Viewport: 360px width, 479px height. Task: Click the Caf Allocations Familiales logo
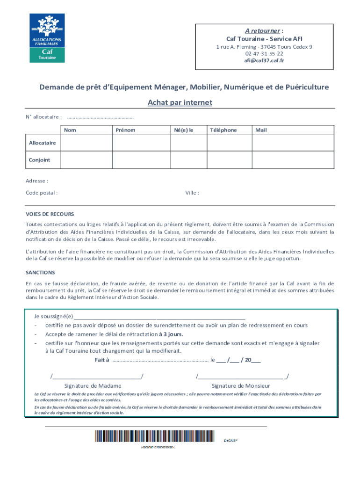(47, 38)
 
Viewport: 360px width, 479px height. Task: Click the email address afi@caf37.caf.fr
(264, 60)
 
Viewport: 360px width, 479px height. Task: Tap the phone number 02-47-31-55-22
(264, 54)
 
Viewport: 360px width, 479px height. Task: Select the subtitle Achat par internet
(180, 102)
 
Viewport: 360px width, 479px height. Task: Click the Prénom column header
(125, 130)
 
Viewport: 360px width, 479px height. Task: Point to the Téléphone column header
(223, 130)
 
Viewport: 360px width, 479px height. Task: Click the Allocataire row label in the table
(43, 143)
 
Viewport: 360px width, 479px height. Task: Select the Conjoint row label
(40, 160)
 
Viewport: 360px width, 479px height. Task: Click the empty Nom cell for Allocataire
(86, 143)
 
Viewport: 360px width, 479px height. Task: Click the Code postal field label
(42, 193)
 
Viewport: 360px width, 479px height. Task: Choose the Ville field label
(192, 193)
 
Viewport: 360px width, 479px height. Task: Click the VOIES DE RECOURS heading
(50, 214)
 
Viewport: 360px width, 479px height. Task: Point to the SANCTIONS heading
(40, 272)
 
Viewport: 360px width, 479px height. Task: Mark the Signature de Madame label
(93, 386)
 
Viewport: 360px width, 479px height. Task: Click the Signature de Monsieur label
(241, 386)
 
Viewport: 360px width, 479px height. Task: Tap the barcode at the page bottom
(154, 436)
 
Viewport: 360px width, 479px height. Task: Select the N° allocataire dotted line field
(101, 116)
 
